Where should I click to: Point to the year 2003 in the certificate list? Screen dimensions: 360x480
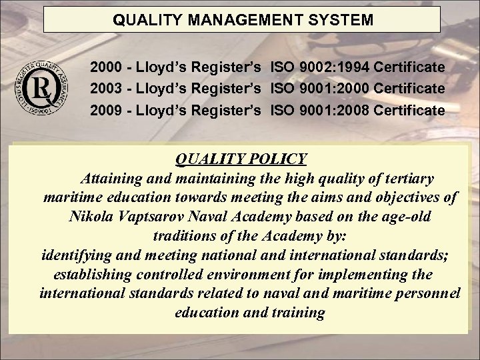pyautogui.click(x=106, y=89)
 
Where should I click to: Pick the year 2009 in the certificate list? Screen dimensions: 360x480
pyautogui.click(x=106, y=110)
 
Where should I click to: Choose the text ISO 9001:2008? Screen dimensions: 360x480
pyautogui.click(x=319, y=110)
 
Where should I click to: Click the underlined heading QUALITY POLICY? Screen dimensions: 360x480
pyautogui.click(x=240, y=159)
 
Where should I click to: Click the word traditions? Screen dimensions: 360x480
pyautogui.click(x=185, y=236)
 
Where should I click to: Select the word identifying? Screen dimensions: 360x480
pyautogui.click(x=75, y=255)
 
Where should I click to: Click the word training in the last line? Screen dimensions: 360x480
pyautogui.click(x=299, y=313)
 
